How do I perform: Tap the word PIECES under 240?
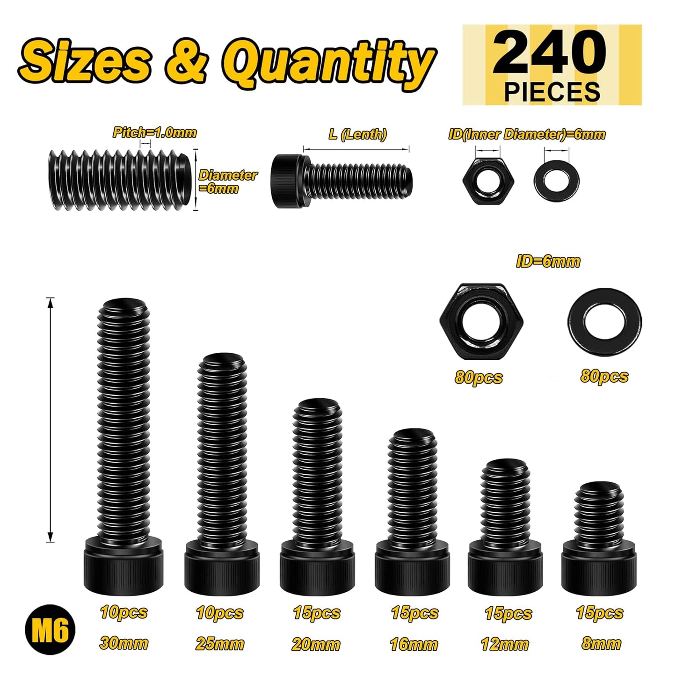pos(552,92)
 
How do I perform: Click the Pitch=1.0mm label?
pos(154,132)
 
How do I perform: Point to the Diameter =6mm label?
pos(228,182)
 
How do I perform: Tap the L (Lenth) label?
pos(357,134)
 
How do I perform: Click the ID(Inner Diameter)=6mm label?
pos(527,134)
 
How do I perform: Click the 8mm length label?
pos(601,644)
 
